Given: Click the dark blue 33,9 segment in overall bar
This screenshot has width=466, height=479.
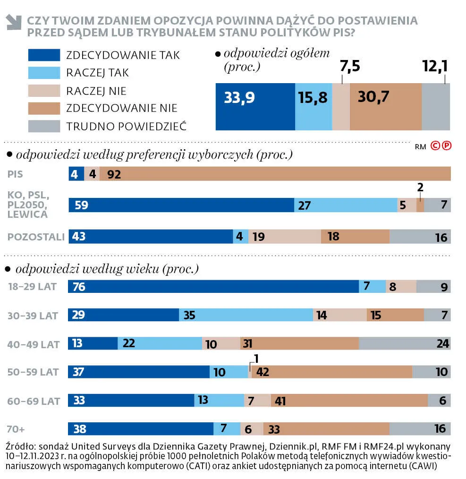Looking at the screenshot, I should coord(255,106).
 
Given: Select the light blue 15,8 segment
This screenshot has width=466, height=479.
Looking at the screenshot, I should coord(313,106).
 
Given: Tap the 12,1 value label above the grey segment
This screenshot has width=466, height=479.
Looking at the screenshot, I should coord(435,67).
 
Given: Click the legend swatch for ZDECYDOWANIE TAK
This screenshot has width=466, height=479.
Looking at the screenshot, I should coord(44,55).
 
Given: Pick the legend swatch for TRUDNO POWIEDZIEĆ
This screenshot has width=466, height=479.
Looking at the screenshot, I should coord(44,126).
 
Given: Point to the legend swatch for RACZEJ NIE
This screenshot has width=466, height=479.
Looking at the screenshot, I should coord(44,91).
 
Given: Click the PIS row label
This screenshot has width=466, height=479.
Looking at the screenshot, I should coord(15,174).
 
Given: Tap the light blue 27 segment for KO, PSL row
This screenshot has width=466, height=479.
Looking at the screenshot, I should coord(346,205).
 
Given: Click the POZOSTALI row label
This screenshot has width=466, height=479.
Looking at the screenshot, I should coord(36,237).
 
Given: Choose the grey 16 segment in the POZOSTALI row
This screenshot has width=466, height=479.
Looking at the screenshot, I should coord(420,237).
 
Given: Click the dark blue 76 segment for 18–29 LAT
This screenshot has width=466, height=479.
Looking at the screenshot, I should coord(213,287).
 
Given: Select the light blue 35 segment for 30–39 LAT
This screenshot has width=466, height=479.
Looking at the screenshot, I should coord(246,315).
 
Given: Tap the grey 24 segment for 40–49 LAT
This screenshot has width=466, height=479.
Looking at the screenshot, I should coord(405,343).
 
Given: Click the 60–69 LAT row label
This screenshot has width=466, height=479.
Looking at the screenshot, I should coord(34,401).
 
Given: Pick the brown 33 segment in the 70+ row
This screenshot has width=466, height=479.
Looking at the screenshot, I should coord(326,429).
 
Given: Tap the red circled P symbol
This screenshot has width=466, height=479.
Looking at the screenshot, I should coord(446,146).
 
